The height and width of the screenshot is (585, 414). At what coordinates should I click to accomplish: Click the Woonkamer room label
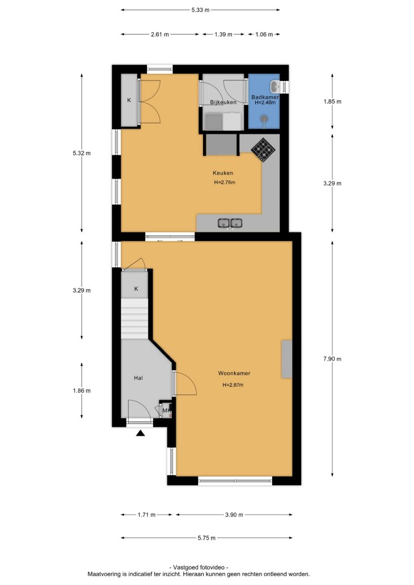[234, 373]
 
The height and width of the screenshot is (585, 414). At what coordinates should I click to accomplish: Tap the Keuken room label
[223, 173]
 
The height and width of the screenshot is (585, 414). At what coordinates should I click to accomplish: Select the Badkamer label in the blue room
[265, 97]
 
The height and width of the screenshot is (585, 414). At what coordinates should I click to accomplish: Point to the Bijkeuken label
[223, 102]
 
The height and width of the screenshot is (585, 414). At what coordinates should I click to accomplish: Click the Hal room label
[138, 378]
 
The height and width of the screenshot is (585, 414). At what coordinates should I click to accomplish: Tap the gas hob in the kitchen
[263, 150]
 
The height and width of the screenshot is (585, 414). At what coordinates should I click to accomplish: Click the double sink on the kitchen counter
[230, 223]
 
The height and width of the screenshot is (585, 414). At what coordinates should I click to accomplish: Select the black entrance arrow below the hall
[140, 433]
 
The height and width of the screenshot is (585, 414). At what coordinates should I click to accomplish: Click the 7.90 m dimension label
[332, 359]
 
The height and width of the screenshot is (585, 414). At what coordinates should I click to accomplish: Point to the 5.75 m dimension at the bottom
[206, 537]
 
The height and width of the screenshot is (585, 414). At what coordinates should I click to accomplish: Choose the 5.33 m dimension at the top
[200, 10]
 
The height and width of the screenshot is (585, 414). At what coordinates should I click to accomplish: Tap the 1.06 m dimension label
[264, 35]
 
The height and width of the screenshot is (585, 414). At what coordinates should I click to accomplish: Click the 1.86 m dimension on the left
[82, 391]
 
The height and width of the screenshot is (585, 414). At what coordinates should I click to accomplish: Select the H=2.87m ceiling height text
[233, 385]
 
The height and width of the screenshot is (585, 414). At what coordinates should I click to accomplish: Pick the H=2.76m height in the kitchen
[225, 183]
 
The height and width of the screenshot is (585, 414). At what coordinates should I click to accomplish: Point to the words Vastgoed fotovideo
[198, 567]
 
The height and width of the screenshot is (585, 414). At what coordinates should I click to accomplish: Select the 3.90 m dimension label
[234, 515]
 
